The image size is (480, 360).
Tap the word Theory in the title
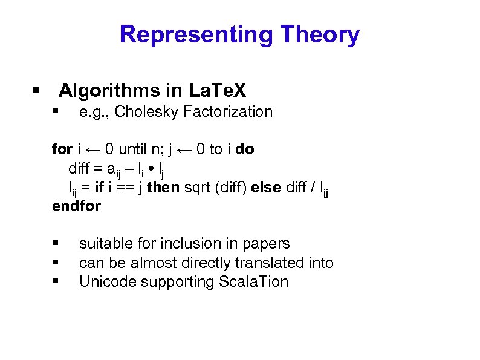point(320,34)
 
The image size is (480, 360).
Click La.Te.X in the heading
point(218,91)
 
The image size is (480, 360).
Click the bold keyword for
point(62,149)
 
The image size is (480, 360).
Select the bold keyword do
point(245,149)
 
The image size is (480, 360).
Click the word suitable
point(104,243)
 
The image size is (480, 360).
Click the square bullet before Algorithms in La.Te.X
point(36,91)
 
